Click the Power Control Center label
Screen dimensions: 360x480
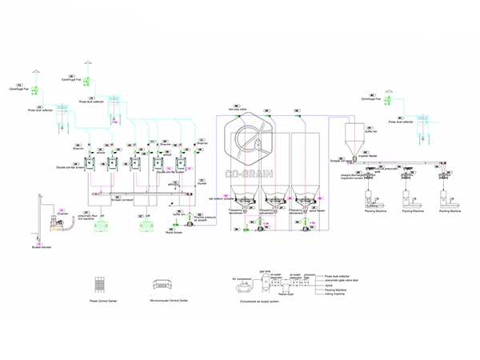[x=105, y=302]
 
